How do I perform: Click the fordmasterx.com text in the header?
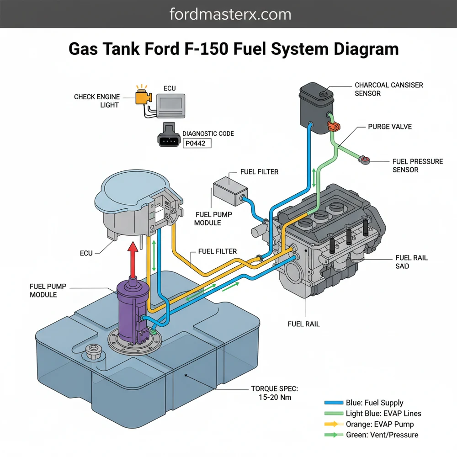230,14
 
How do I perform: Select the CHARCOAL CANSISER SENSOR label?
388,89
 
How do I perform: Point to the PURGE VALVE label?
390,127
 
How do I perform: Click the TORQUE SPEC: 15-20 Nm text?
274,393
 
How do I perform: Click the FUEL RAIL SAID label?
411,262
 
